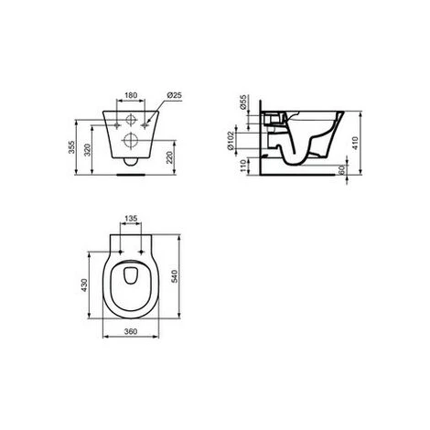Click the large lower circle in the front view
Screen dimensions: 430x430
click(x=132, y=141)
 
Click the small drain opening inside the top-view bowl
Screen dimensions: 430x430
click(x=132, y=277)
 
